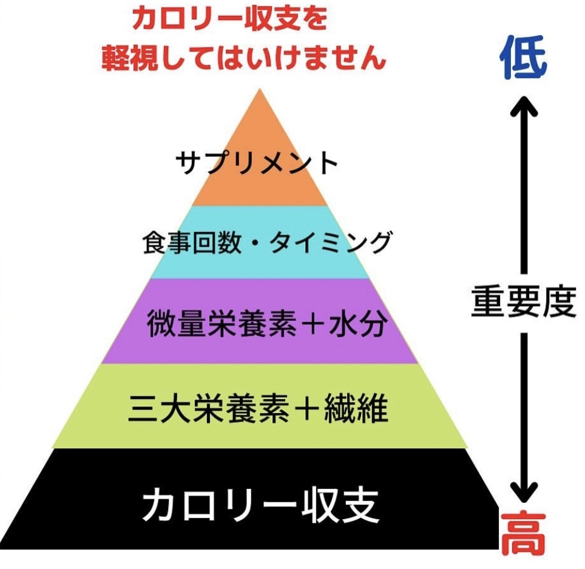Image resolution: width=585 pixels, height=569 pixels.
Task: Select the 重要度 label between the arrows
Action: tap(522, 302)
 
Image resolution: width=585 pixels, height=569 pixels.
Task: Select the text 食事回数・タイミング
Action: tap(266, 243)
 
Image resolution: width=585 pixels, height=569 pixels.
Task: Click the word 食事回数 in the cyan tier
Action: tap(181, 243)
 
